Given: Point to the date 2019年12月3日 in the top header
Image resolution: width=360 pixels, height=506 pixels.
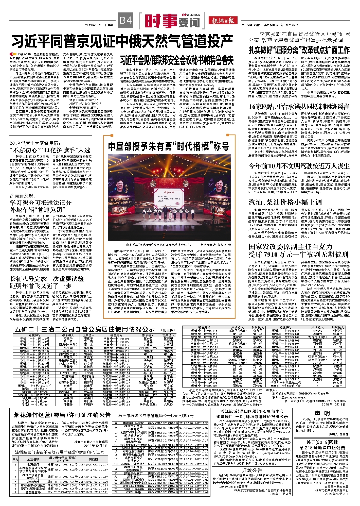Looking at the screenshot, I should (96, 25).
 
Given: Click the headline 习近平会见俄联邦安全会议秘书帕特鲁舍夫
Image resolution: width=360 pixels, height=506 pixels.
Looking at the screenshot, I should (177, 60).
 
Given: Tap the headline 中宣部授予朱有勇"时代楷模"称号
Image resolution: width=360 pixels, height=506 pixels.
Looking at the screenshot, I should (169, 146).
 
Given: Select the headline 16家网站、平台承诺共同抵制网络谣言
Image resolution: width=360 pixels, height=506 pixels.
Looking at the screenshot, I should (299, 107).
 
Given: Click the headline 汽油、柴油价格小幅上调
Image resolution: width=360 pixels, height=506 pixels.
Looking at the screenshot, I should (285, 202).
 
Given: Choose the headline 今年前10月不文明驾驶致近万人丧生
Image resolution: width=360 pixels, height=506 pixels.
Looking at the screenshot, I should (299, 166).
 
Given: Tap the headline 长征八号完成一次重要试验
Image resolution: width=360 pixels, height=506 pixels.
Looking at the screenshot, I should (47, 279).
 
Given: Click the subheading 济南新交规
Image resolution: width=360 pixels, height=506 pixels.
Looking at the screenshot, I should (23, 196).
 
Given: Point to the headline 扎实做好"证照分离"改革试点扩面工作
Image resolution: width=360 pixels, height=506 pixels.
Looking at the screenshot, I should (299, 50).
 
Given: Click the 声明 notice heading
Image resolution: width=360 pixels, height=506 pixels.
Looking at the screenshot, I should (322, 413).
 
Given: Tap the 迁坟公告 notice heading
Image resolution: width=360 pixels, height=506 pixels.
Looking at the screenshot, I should (252, 470).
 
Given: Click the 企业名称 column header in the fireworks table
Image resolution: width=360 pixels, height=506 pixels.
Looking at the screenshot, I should (33, 459).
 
